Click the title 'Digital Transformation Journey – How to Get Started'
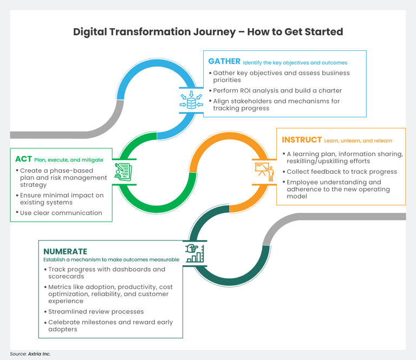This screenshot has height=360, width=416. click(x=208, y=32)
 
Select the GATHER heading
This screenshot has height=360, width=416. click(x=224, y=62)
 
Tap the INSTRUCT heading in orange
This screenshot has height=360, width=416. click(x=302, y=140)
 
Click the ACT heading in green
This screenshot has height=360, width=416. click(x=23, y=159)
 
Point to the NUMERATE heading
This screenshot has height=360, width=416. click(x=65, y=251)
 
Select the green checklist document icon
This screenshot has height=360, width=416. click(x=123, y=173)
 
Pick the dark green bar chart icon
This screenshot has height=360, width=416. click(x=194, y=253)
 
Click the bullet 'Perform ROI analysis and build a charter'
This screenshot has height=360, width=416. click(x=277, y=90)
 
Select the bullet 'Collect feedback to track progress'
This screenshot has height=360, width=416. click(x=342, y=172)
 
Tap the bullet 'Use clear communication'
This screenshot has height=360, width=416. click(x=61, y=213)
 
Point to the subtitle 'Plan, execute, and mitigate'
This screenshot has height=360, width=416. click(x=68, y=160)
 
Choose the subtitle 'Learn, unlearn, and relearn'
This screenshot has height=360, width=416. click(x=358, y=141)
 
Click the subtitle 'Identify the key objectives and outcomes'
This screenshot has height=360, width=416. click(x=295, y=63)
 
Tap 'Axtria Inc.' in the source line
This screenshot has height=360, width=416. click(x=39, y=354)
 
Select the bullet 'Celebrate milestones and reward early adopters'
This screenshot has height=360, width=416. click(x=110, y=325)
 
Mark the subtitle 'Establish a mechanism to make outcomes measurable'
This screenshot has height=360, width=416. click(x=111, y=260)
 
